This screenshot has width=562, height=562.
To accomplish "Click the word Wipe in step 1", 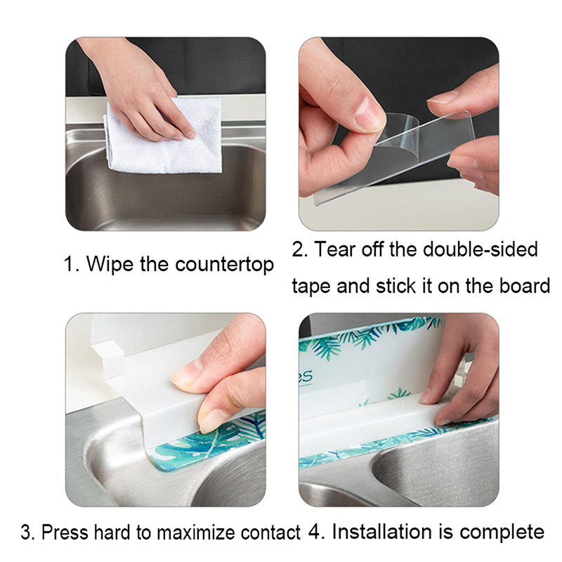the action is coord(110,264).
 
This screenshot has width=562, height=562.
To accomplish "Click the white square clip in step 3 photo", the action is coord(109,358).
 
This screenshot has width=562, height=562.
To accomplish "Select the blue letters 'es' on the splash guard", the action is coord(306,377).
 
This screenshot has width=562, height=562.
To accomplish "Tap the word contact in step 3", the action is coord(270,532).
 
